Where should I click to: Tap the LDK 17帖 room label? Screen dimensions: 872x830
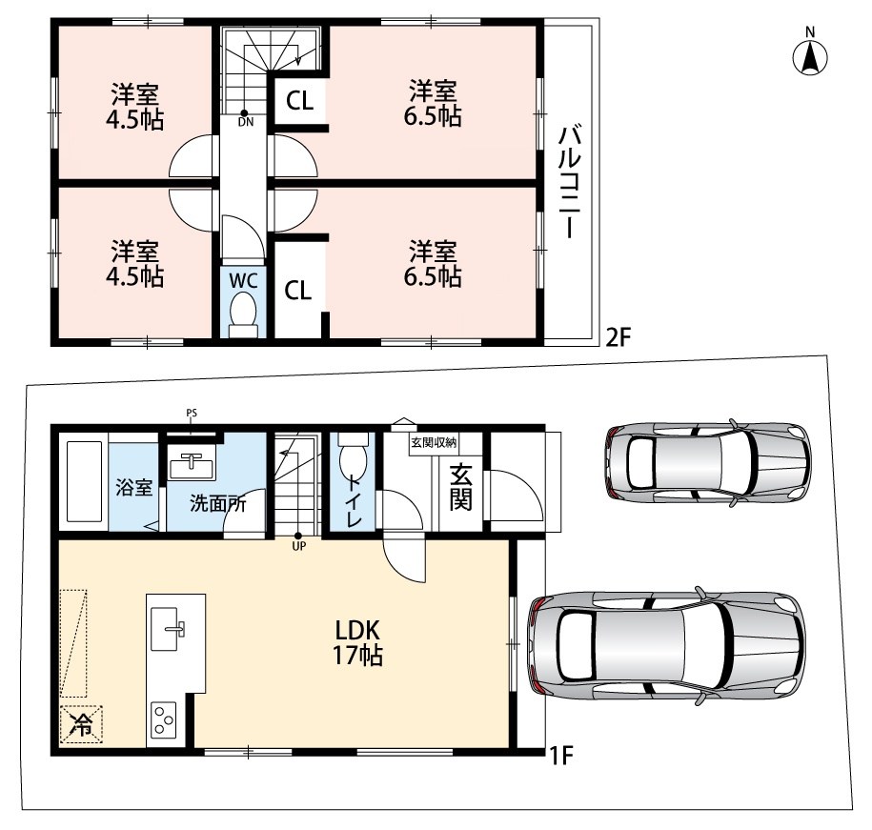[357, 643]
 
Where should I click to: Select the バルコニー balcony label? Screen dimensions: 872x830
[569, 182]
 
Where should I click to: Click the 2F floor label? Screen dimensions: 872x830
[618, 337]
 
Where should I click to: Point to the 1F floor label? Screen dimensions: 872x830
[560, 755]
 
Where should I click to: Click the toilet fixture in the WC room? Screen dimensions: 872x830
[244, 314]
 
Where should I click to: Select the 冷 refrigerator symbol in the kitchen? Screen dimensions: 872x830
[81, 724]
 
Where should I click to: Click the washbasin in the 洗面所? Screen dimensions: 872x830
[192, 465]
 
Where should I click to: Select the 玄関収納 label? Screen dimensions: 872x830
[434, 442]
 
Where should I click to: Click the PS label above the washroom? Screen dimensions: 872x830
[192, 413]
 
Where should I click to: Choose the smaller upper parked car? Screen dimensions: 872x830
[708, 463]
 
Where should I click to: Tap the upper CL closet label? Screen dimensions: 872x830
[300, 101]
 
